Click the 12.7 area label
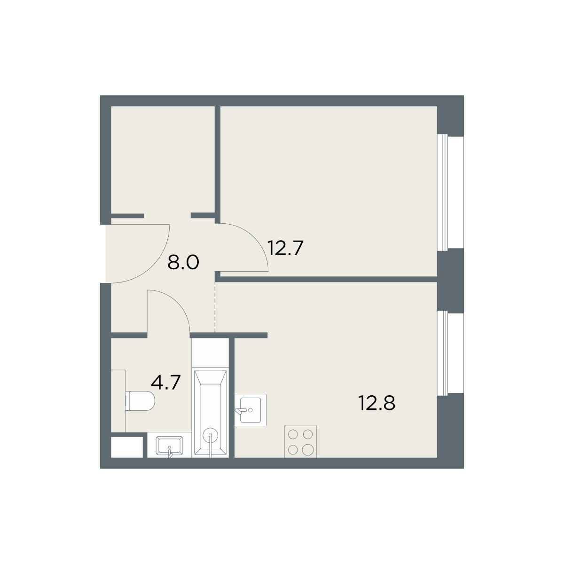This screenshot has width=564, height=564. coord(285,248)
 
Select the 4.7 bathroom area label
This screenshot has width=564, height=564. coord(165,382)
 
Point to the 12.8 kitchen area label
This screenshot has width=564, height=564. coord(376,402)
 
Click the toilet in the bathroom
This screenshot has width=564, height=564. coord(140,401)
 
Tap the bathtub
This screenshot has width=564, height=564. coord(211,412)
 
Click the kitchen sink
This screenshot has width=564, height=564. coord(250,410)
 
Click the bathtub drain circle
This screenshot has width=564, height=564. coord(211,435)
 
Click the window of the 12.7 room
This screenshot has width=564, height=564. coord(444,192)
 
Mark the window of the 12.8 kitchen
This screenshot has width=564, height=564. coord(444,353)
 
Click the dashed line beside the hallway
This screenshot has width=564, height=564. coord(215,307)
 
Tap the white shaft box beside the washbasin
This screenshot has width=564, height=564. coord(127,447)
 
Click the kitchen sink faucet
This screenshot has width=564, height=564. coord(239,411)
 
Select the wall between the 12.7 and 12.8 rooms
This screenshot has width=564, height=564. coord(329,279)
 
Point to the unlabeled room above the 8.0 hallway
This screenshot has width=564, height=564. coord(163,160)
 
